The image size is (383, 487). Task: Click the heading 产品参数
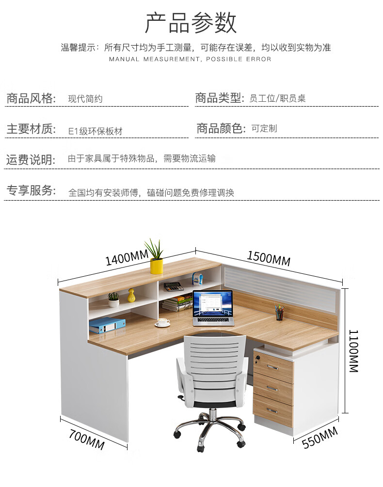[191, 23]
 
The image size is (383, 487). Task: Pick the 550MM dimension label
[319, 438]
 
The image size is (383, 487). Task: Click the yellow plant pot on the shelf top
[156, 266]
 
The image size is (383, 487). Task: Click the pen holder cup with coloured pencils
[280, 314]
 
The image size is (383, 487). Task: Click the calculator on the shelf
[173, 286]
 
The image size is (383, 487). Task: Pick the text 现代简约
[85, 99]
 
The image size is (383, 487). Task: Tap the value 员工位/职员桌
[277, 99]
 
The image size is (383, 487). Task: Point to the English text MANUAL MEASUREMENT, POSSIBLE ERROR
[190, 59]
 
